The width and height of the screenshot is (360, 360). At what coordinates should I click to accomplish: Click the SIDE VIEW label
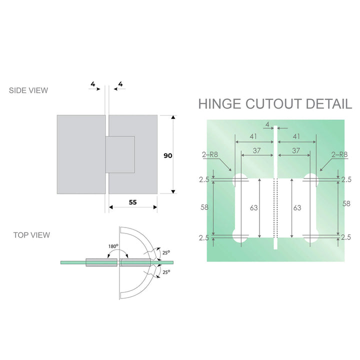(x=28, y=90)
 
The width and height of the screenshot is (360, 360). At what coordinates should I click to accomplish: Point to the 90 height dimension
(x=168, y=156)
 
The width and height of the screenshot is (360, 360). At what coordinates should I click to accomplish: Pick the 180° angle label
(x=113, y=246)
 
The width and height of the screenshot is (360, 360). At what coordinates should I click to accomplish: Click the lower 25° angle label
(x=166, y=271)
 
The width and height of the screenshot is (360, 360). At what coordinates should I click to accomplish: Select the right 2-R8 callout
(x=339, y=155)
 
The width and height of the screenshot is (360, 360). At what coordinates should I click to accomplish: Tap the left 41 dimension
(x=254, y=136)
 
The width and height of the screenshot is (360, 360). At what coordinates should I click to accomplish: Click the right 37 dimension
(x=296, y=149)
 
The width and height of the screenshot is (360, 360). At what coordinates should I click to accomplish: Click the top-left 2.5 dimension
(x=203, y=179)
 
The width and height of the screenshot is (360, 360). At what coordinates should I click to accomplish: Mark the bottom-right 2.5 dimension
(x=346, y=238)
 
